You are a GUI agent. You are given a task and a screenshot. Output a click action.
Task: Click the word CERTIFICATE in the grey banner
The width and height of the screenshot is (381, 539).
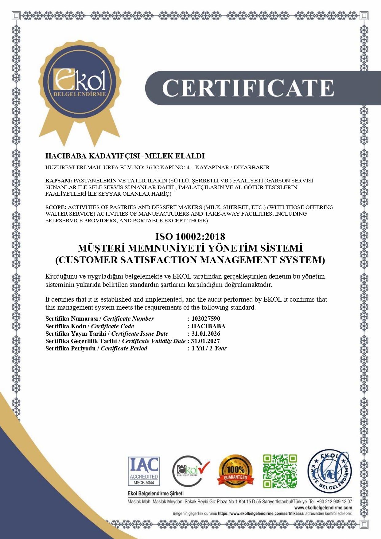coord(248,88)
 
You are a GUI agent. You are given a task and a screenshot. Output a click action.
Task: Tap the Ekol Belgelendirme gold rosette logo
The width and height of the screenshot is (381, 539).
coord(80,83)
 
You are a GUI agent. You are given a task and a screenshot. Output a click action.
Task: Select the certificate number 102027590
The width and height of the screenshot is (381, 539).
coord(206,318)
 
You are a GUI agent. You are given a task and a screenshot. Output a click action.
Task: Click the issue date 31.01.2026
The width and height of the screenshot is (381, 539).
coord(206,334)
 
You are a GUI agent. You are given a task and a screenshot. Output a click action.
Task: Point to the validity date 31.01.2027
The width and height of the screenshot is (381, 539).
coord(205,341)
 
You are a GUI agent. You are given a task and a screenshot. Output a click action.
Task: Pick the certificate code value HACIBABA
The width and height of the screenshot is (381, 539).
coord(208,326)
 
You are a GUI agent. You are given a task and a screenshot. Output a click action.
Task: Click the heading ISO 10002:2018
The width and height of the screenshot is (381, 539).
coord(190,236)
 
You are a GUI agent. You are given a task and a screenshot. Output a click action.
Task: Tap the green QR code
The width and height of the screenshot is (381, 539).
coord(280,471)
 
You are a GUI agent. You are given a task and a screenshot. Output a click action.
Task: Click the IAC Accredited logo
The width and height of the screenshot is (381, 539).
coord(144,471)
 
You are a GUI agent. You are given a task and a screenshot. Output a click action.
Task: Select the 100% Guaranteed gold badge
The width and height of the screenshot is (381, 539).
coord(235,471)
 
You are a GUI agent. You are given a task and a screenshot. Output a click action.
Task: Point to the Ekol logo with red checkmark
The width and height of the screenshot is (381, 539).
coord(190,471)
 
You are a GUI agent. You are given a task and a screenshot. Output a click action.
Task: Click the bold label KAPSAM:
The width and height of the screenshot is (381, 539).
coord(59,181)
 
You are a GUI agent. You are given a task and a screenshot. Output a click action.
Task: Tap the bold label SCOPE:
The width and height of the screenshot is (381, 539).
coord(56,207)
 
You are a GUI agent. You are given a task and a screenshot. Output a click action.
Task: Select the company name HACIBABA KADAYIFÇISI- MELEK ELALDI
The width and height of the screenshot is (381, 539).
coord(125,156)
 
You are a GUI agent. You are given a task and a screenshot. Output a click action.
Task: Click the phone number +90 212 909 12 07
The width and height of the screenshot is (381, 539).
coord(335,502)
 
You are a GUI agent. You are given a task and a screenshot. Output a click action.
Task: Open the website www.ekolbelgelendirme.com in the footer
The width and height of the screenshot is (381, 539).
coord(323,508)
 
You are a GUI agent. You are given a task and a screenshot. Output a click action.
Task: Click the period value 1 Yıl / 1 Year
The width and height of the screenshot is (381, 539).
coord(209,348)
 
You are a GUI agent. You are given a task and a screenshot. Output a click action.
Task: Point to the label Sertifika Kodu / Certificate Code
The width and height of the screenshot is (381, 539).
coord(90,326)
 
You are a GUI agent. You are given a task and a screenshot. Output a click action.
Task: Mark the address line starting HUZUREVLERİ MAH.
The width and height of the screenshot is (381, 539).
coord(157,167)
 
